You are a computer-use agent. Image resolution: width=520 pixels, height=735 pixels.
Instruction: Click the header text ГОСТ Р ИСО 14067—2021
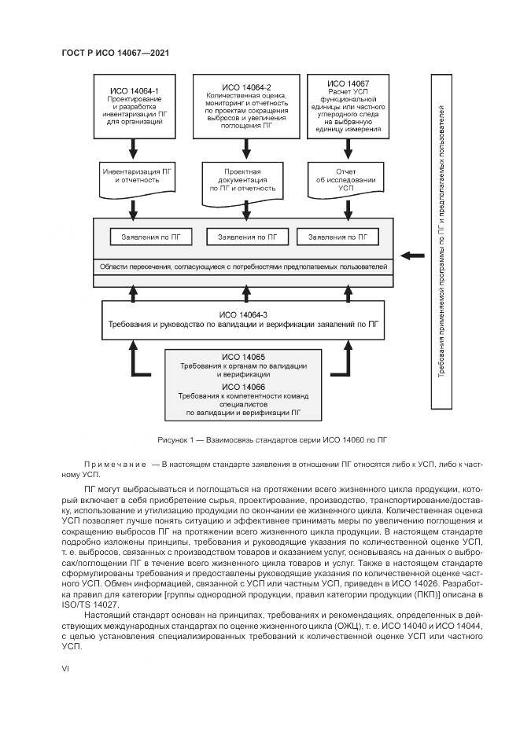pyautogui.click(x=116, y=53)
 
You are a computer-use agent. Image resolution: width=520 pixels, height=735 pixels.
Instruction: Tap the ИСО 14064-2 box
pyautogui.click(x=246, y=105)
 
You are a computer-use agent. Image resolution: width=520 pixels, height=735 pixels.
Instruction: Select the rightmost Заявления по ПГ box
pyautogui.click(x=337, y=237)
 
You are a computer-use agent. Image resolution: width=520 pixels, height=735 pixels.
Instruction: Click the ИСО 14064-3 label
pyautogui.click(x=246, y=313)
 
